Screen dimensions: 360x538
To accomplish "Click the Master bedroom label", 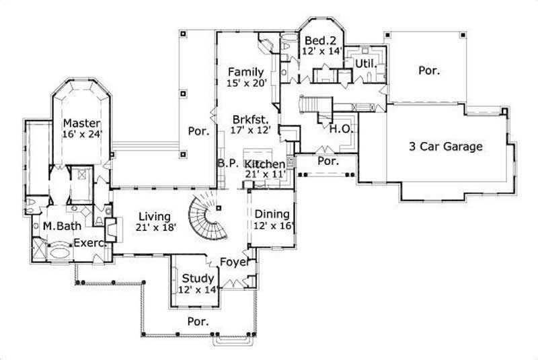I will (82, 124).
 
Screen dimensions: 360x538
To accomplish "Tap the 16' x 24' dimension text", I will (81, 135).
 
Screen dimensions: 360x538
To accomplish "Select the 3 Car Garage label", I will (447, 146).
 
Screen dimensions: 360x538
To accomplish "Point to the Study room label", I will (198, 279).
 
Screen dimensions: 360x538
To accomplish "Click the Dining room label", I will (272, 215).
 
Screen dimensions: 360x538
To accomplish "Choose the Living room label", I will (155, 217).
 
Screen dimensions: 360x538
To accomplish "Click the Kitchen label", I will (265, 164).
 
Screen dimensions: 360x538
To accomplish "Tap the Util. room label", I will (364, 63).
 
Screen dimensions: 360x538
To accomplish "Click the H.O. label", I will (340, 131).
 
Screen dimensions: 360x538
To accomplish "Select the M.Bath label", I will (58, 226).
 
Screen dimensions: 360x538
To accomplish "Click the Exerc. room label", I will (89, 243).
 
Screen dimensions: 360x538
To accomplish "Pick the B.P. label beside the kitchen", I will (225, 164).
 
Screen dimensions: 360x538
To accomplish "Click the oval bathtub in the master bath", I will (59, 251).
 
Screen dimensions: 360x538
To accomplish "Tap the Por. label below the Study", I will (198, 321).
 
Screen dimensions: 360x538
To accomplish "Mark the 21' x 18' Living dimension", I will (155, 227).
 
